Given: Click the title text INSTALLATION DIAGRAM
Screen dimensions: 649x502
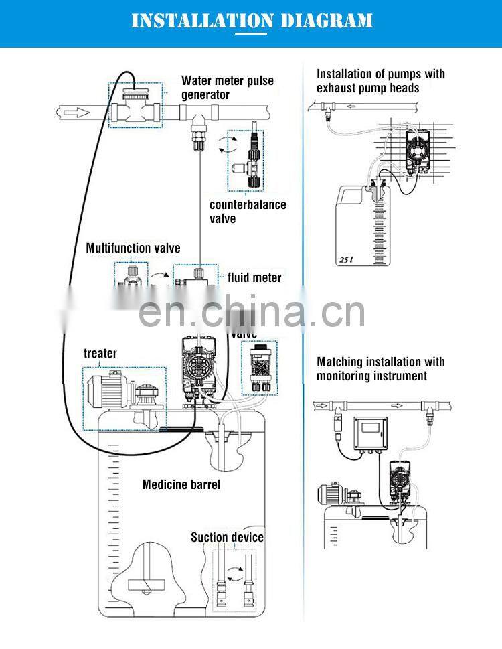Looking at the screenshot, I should tap(252, 21).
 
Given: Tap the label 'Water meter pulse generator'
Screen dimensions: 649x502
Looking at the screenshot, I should tap(227, 88).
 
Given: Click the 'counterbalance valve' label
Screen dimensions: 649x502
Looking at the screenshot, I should tap(247, 212).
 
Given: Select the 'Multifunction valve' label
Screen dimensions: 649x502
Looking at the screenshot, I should tap(133, 248).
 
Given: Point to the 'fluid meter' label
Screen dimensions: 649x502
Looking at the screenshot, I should tap(254, 277).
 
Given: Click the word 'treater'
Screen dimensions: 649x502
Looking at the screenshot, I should tap(100, 353).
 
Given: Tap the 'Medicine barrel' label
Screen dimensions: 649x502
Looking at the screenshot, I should tap(181, 484).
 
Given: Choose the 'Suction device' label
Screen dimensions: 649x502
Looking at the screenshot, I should tap(227, 537).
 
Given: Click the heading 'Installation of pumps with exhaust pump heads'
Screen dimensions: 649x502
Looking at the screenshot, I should tap(380, 81).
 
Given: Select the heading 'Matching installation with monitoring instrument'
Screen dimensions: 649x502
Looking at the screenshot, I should tap(380, 369).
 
